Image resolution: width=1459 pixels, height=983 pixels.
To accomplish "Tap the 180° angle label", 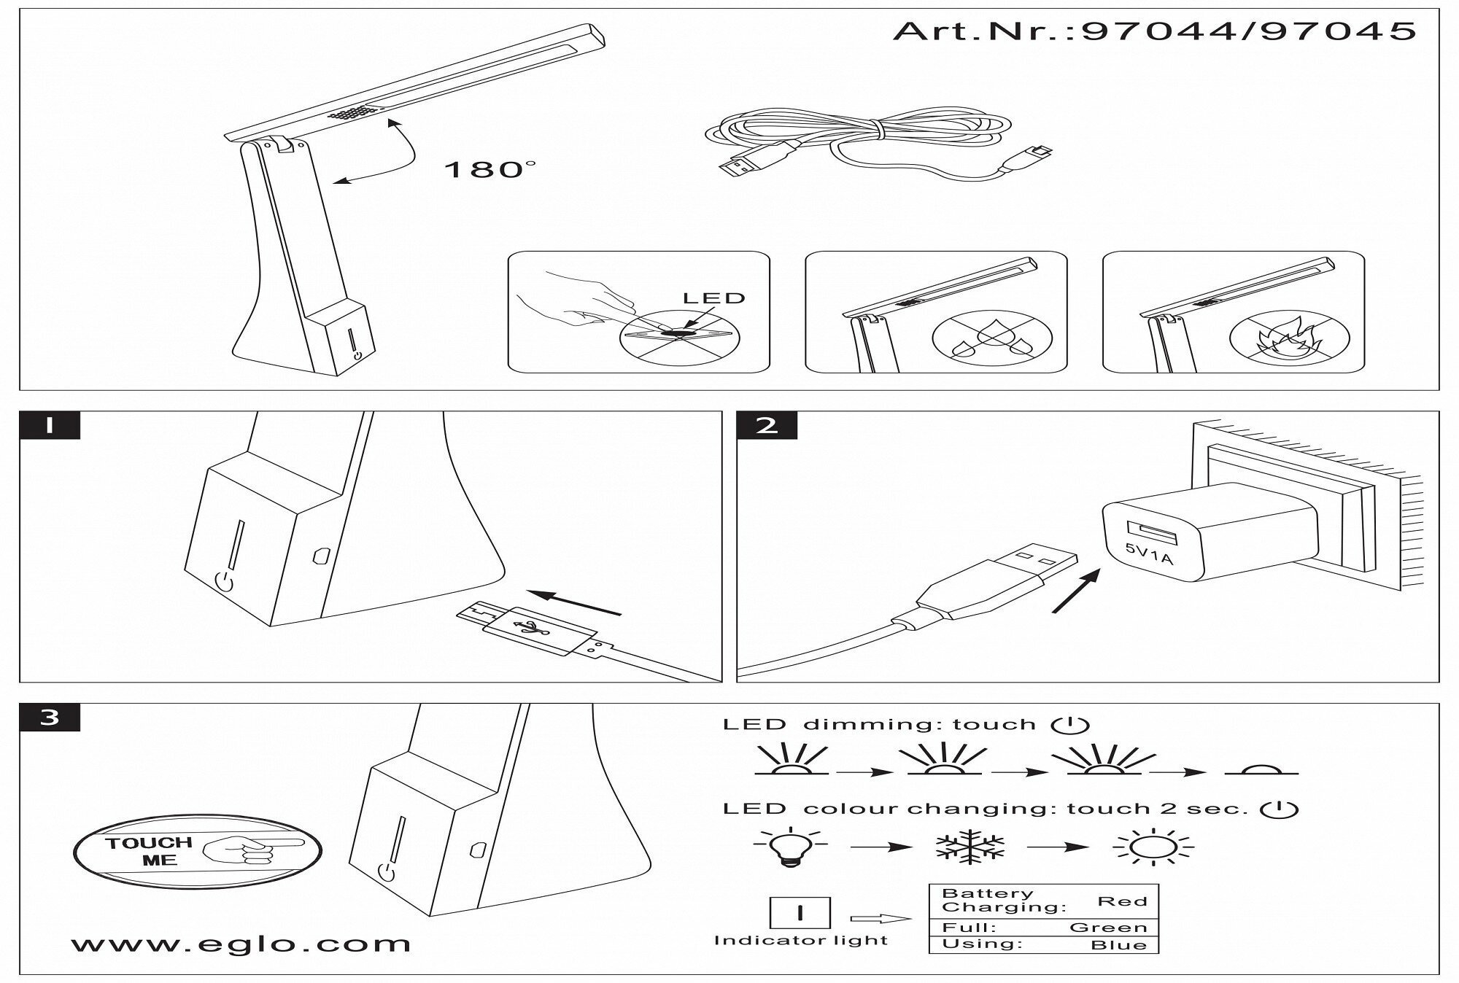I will coord(488,170).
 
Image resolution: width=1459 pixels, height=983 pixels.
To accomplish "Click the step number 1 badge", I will coord(50,425).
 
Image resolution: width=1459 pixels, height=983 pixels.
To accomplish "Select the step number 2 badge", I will coord(767,425).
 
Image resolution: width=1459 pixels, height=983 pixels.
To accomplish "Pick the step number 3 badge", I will coord(50,718).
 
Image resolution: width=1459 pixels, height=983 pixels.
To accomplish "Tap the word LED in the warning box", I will coord(713,298).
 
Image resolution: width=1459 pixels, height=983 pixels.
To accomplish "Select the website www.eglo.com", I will coord(241,944).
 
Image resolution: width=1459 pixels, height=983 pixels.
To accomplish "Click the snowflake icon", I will coord(970,847).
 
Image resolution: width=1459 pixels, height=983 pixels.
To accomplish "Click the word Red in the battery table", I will coord(1123,901).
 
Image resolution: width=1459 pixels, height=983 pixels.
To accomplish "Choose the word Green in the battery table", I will coord(1108,928).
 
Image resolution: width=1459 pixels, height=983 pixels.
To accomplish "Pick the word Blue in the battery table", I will coord(1118,945).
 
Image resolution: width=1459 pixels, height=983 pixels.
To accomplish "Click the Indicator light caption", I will coord(800,941).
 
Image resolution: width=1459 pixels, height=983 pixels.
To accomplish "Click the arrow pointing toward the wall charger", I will coord(1077,591).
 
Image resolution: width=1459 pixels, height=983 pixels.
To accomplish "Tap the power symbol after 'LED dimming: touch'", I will coord(1070,725).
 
